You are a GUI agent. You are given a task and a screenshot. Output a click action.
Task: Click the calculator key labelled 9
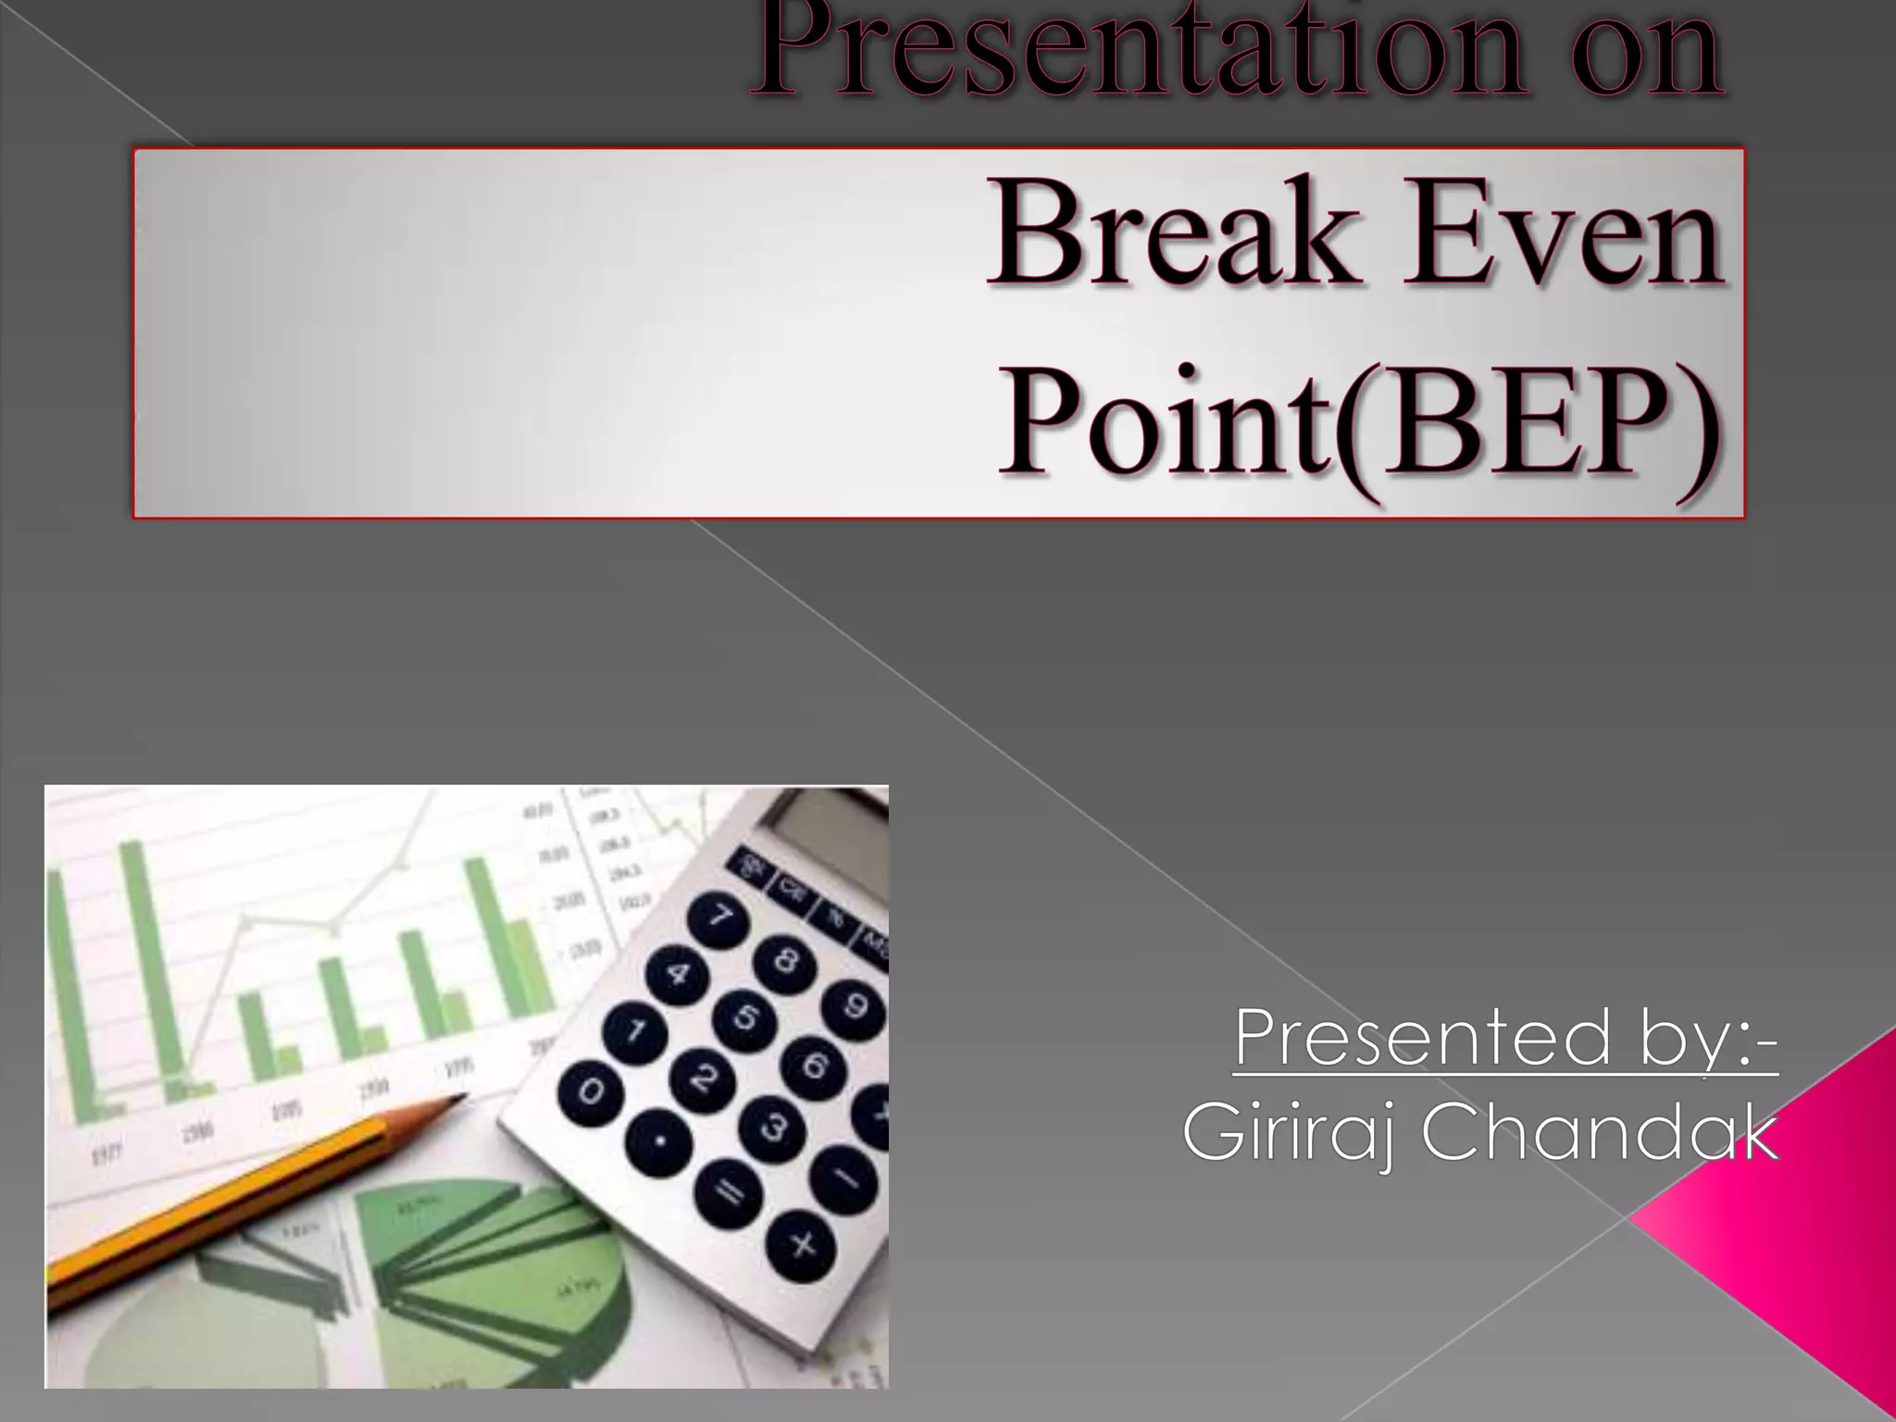[x=854, y=1004]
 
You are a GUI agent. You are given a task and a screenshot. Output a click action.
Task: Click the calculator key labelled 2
[x=703, y=1078]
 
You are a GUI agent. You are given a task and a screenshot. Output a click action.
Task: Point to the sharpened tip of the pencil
[x=460, y=1098]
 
